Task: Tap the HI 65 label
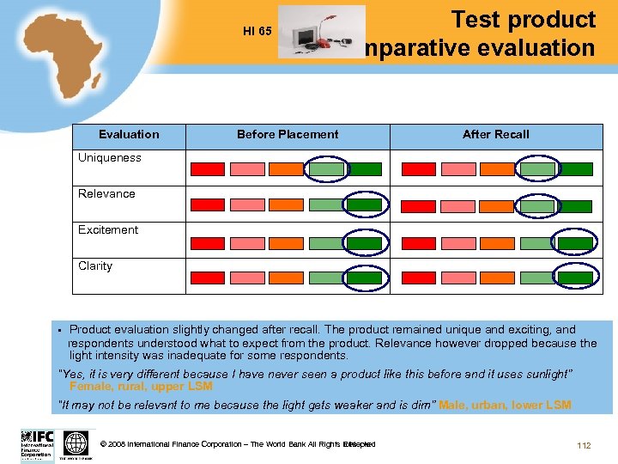(x=257, y=32)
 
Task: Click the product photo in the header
(x=322, y=33)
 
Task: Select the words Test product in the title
(x=523, y=20)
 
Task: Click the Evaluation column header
(x=129, y=134)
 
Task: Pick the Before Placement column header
(x=288, y=134)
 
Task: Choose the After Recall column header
(x=495, y=134)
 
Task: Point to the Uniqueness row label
(x=110, y=157)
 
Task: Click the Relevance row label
(x=106, y=193)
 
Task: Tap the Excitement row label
(x=108, y=229)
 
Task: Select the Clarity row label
(x=95, y=266)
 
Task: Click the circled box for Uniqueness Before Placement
(x=325, y=169)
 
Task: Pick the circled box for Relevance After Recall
(x=537, y=206)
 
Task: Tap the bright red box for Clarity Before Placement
(x=207, y=278)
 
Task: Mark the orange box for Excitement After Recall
(x=495, y=243)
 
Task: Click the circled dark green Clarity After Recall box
(x=575, y=278)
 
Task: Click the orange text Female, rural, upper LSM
(x=141, y=387)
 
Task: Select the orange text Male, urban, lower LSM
(x=505, y=405)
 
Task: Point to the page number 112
(x=584, y=445)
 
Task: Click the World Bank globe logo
(x=76, y=444)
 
